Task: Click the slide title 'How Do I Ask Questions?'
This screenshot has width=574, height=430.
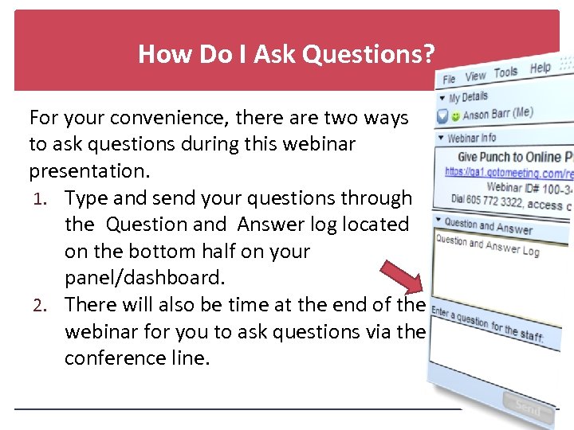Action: [x=286, y=54]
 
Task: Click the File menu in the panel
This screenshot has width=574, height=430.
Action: [x=450, y=79]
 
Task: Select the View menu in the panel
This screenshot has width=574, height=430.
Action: [x=475, y=76]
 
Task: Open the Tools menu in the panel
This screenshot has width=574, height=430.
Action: [x=505, y=72]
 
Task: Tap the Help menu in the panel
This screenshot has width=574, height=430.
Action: [x=540, y=68]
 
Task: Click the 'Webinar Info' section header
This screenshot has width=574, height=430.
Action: [x=471, y=138]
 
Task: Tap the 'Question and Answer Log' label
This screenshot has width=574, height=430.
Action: [x=487, y=244]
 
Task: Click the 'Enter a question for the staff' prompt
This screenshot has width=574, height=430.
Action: [x=487, y=325]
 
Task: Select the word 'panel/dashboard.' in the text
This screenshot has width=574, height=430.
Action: [x=145, y=278]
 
